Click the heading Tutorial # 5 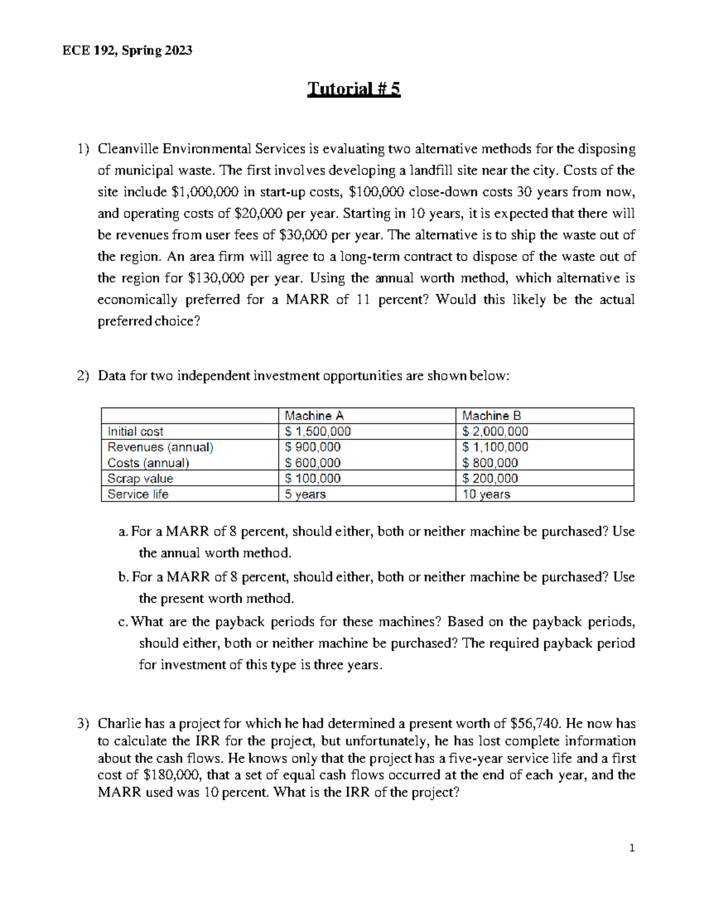pyautogui.click(x=354, y=89)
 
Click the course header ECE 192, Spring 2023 pyautogui.click(x=127, y=50)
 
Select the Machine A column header pyautogui.click(x=314, y=416)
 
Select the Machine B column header pyautogui.click(x=491, y=416)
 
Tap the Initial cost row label pyautogui.click(x=136, y=432)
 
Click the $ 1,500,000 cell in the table pyautogui.click(x=318, y=432)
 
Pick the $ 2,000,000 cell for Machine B pyautogui.click(x=495, y=432)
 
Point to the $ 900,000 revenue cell pyautogui.click(x=313, y=447)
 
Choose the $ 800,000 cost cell pyautogui.click(x=490, y=463)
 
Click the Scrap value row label pyautogui.click(x=140, y=479)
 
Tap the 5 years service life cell pyautogui.click(x=305, y=495)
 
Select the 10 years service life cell pyautogui.click(x=486, y=495)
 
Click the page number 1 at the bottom pyautogui.click(x=632, y=848)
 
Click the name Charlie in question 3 pyautogui.click(x=119, y=724)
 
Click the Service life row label pyautogui.click(x=138, y=495)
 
